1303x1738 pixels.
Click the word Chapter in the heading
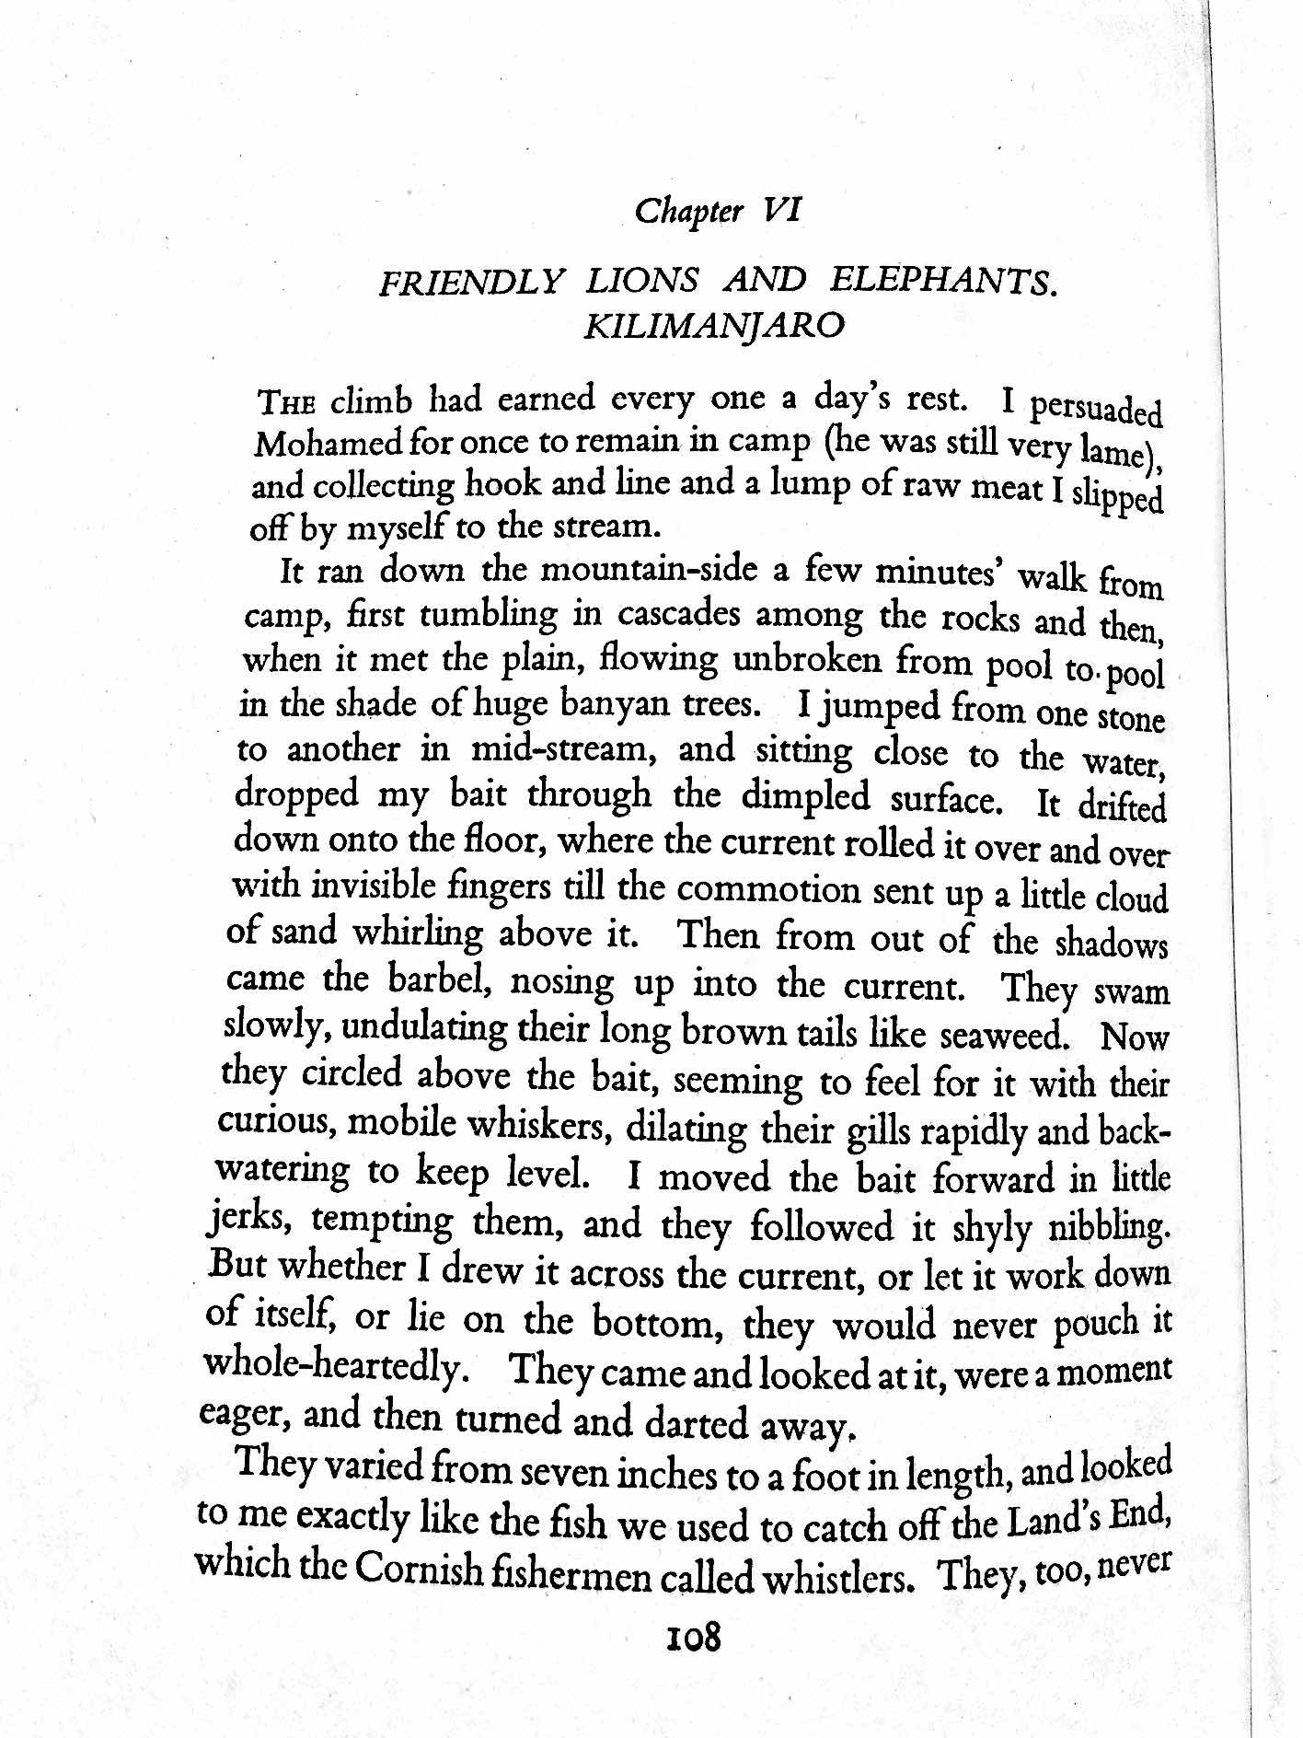pos(688,212)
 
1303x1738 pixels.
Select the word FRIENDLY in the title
pos(469,280)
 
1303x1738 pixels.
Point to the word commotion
pos(767,890)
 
